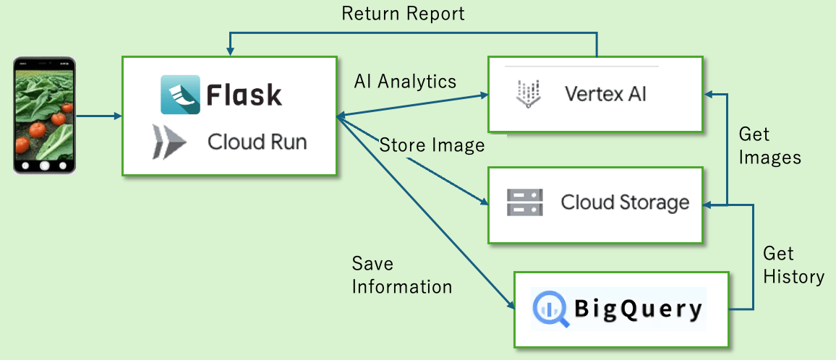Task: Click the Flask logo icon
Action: click(x=180, y=95)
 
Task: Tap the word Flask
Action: click(x=244, y=95)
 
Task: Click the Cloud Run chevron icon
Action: click(x=169, y=142)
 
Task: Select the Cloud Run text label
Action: click(x=257, y=142)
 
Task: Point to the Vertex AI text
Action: click(x=605, y=95)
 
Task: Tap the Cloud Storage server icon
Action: click(x=524, y=202)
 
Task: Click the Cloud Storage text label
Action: click(x=625, y=202)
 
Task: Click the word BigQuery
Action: click(x=638, y=310)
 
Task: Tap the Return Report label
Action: click(x=403, y=13)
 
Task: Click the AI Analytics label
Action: click(x=405, y=81)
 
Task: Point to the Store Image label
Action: click(x=432, y=145)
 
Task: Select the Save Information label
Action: click(x=402, y=275)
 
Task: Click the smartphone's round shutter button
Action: click(x=45, y=166)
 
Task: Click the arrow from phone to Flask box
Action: click(x=99, y=115)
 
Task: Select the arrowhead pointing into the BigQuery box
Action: click(x=511, y=305)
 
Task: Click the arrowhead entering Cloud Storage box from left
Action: click(x=485, y=202)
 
